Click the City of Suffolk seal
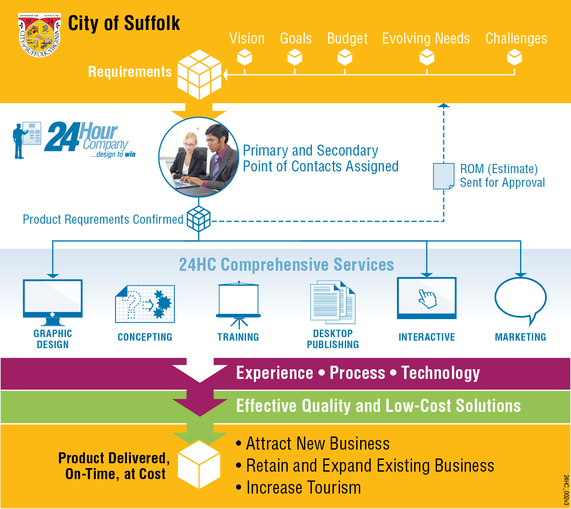point(40,35)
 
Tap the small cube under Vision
point(245,57)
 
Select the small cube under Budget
point(345,57)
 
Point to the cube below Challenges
point(514,57)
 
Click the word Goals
point(296,39)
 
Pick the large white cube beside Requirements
point(199,74)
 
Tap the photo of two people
point(199,157)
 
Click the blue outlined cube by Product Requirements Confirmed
point(199,218)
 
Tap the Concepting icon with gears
point(145,304)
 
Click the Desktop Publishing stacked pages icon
point(332,302)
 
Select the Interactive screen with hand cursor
point(426,298)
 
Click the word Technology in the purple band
point(441,373)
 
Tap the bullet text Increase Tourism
point(304,488)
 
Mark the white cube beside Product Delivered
point(199,464)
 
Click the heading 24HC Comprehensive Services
point(286,265)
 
